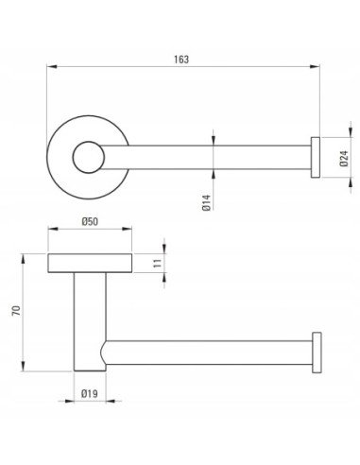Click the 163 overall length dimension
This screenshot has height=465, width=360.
click(x=181, y=60)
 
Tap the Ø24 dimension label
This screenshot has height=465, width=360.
click(x=344, y=158)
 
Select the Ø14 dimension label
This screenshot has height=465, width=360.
click(x=206, y=202)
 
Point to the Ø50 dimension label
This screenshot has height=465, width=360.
click(x=90, y=222)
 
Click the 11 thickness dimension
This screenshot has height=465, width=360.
click(x=157, y=263)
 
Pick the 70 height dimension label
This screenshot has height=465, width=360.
click(x=16, y=311)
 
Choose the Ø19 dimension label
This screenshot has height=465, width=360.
click(x=90, y=393)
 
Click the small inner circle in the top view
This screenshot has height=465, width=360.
click(x=88, y=157)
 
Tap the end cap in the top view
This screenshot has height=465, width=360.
click(x=316, y=158)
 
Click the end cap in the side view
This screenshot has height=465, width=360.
click(x=317, y=353)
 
